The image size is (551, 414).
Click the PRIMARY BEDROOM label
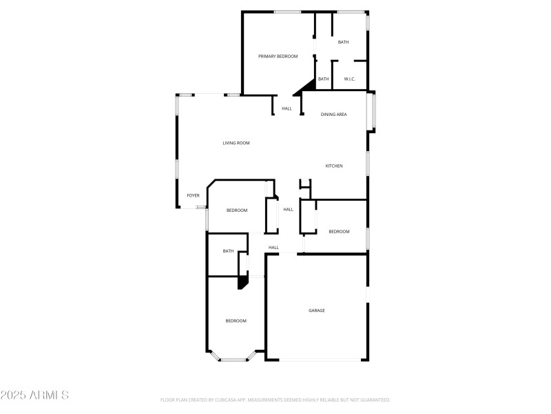click(278, 56)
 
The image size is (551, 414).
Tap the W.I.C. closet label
click(349, 79)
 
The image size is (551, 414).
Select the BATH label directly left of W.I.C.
click(323, 79)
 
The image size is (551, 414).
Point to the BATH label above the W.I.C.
click(343, 42)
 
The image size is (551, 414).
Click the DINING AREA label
click(333, 114)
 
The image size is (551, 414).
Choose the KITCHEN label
click(334, 166)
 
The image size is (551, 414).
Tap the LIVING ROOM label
click(236, 143)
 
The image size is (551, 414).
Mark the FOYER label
click(193, 195)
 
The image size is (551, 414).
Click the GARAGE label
click(316, 310)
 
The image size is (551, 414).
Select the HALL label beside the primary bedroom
click(287, 108)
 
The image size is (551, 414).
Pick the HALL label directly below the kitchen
click(288, 209)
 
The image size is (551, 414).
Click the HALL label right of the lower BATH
click(273, 247)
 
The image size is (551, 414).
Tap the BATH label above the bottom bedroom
click(228, 251)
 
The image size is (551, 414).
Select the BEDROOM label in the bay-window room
click(236, 321)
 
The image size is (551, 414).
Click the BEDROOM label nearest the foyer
click(237, 210)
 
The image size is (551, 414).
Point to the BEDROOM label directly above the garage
click(339, 231)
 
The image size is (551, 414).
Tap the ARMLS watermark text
click(34, 395)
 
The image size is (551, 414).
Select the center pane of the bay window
click(236, 359)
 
